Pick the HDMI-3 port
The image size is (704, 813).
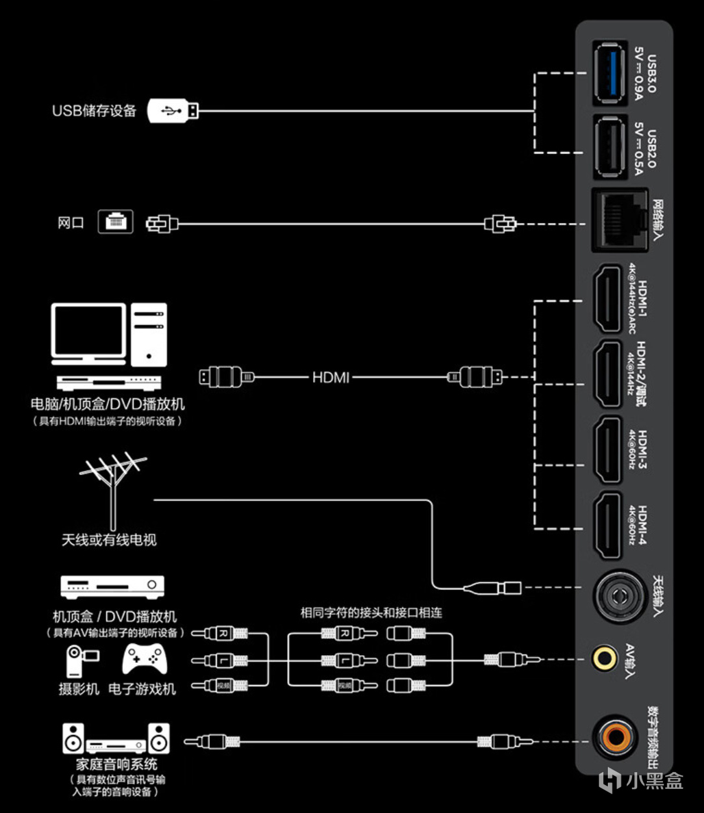(x=609, y=448)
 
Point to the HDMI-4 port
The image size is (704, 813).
(x=609, y=525)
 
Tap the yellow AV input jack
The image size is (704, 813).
(x=605, y=658)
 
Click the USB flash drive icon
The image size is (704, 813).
(x=173, y=110)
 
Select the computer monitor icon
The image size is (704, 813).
(x=89, y=331)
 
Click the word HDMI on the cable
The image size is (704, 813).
(x=331, y=376)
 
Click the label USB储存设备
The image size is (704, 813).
(x=95, y=110)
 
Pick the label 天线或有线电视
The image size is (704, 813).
(x=109, y=539)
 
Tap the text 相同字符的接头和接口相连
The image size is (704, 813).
(x=371, y=612)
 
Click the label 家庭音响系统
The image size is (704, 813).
(x=117, y=764)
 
